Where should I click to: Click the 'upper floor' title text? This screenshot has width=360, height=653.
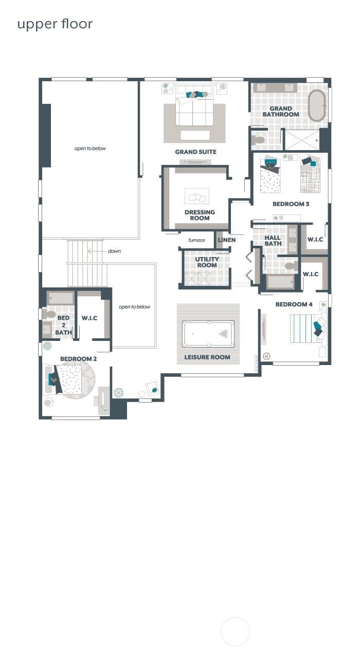coord(55,24)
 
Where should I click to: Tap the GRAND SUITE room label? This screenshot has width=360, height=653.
coord(195,152)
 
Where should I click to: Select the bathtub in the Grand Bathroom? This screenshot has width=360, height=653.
coord(317,105)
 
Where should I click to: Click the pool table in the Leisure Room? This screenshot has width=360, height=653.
coord(208,334)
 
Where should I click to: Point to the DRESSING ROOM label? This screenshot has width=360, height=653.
coord(200,215)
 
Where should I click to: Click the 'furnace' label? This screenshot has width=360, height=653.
coord(196,240)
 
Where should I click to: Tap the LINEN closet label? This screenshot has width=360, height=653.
coord(227,240)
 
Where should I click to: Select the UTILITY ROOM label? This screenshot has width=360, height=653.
coord(207,262)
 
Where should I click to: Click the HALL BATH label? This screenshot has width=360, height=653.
coord(273,241)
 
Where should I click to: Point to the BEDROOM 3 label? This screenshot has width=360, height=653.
coord(291,204)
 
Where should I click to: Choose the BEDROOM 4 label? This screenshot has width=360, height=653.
coord(294,304)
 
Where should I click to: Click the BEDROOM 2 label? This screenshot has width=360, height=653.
coord(78,359)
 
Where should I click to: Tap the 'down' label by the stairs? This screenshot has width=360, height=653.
coord(114,251)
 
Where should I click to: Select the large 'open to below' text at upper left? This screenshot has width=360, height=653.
coord(90,149)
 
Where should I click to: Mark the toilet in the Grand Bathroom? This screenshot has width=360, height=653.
coord(258,139)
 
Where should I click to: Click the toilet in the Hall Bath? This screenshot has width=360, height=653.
coord(291,266)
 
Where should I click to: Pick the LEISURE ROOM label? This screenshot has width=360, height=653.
coord(207,357)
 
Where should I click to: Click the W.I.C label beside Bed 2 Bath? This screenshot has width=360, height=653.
coord(89,318)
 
